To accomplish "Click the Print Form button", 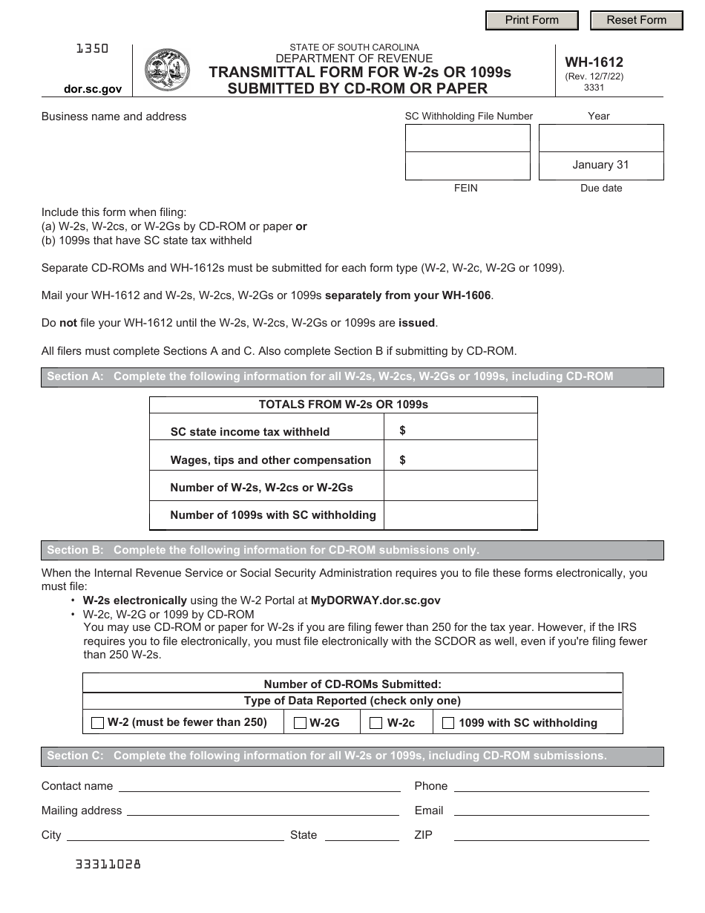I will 531,20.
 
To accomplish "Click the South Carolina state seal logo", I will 167,70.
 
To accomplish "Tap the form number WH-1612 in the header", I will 583,62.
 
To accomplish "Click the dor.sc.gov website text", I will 93,88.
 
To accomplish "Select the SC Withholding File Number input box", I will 468,138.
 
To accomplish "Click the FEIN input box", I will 468,166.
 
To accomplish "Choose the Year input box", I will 600,138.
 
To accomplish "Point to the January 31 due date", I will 600,165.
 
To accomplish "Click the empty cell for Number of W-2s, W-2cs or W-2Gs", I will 460,487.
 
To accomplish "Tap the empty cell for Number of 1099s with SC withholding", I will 460,515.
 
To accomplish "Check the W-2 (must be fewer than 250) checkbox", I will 97,723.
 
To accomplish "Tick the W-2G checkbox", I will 300,723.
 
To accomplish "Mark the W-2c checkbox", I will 376,723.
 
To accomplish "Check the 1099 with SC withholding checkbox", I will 448,723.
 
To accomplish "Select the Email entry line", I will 551,811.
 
